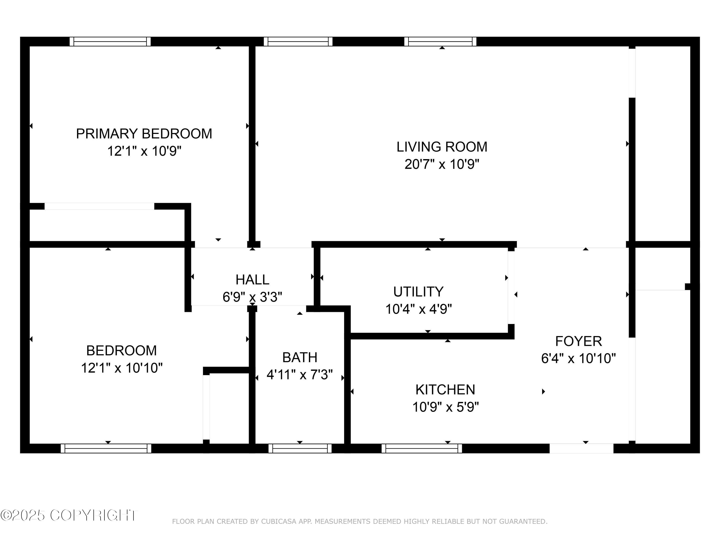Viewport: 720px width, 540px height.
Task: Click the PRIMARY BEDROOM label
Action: click(x=144, y=134)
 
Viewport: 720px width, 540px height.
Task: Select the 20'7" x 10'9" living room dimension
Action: click(x=442, y=164)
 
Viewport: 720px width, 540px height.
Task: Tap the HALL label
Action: click(x=252, y=280)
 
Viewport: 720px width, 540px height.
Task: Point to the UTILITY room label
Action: click(x=418, y=292)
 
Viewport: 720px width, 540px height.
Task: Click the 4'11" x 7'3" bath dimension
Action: click(x=300, y=375)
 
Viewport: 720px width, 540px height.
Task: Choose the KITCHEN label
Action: click(x=445, y=390)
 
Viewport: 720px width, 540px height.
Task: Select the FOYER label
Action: click(x=578, y=341)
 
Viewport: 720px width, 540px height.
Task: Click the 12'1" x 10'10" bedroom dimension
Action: click(x=122, y=368)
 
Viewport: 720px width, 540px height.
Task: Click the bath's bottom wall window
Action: click(x=300, y=449)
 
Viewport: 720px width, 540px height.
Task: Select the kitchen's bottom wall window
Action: click(x=421, y=449)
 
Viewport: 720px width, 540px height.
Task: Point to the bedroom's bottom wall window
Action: click(x=106, y=449)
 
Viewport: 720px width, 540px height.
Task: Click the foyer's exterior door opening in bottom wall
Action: click(x=581, y=449)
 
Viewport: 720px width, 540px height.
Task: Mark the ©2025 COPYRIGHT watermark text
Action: click(x=69, y=515)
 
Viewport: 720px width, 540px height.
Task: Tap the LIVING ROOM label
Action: click(x=442, y=147)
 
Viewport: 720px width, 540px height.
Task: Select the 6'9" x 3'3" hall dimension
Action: click(x=252, y=297)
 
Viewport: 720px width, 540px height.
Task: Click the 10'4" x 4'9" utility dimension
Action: click(x=418, y=309)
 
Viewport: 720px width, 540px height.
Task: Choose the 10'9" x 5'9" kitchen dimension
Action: click(x=445, y=407)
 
